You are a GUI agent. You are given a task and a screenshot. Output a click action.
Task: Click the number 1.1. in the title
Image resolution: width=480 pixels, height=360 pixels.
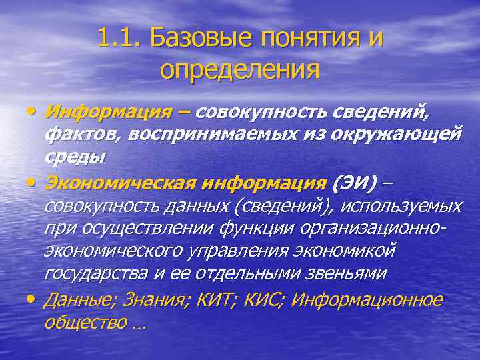click(119, 38)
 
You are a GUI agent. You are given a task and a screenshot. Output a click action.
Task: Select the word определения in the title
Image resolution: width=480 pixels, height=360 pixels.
click(240, 69)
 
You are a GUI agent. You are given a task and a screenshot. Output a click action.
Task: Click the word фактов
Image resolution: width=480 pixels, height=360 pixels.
click(83, 134)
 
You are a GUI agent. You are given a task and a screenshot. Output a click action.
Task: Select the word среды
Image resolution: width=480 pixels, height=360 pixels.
click(74, 157)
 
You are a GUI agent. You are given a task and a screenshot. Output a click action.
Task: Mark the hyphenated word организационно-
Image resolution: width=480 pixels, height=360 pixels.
click(371, 229)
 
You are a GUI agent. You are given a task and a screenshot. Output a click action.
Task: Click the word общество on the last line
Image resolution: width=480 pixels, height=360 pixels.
click(85, 323)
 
